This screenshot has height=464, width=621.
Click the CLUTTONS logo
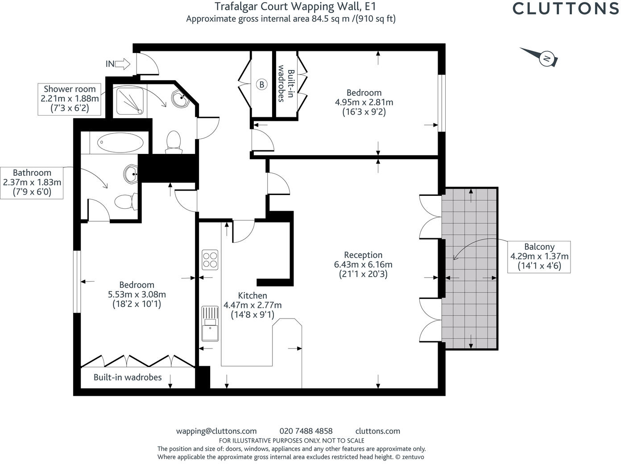click(x=566, y=8)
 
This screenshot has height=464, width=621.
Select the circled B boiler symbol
click(x=262, y=84)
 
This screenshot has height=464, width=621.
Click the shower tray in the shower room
click(x=130, y=101)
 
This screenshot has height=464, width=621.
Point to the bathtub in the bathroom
click(x=120, y=143)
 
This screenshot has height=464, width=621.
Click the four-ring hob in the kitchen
click(x=210, y=260)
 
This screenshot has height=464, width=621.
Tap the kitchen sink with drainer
click(x=210, y=323)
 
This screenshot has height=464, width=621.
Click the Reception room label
click(x=363, y=264)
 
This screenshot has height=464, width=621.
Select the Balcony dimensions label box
click(x=539, y=257)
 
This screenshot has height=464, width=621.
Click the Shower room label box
click(x=69, y=99)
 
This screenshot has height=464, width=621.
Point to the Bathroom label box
click(x=32, y=183)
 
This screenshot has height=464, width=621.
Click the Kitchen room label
click(x=253, y=305)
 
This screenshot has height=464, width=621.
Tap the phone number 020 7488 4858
click(x=306, y=431)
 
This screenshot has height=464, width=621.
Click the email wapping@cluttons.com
click(x=216, y=431)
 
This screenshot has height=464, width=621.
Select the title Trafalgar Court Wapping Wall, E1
click(x=295, y=7)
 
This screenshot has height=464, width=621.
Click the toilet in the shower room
click(x=174, y=142)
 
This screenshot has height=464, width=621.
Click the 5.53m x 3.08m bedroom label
click(x=137, y=294)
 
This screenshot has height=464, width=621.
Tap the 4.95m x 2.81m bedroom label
click(x=364, y=102)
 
